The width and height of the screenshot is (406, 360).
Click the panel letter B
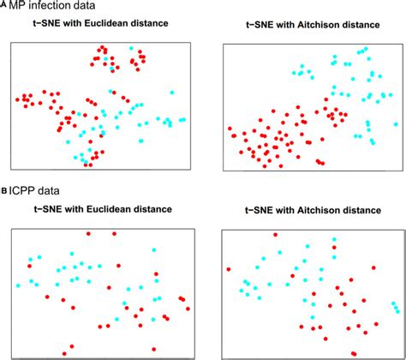(4, 193)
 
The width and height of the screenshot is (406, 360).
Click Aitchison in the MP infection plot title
(323, 24)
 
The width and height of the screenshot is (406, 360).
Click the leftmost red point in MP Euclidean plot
(18, 100)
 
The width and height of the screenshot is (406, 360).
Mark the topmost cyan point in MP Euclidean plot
(131, 49)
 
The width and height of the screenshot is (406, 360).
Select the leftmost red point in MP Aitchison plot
(230, 132)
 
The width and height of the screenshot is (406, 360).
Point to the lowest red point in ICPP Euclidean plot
(66, 351)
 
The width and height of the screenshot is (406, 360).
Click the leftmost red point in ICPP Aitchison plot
(229, 269)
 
